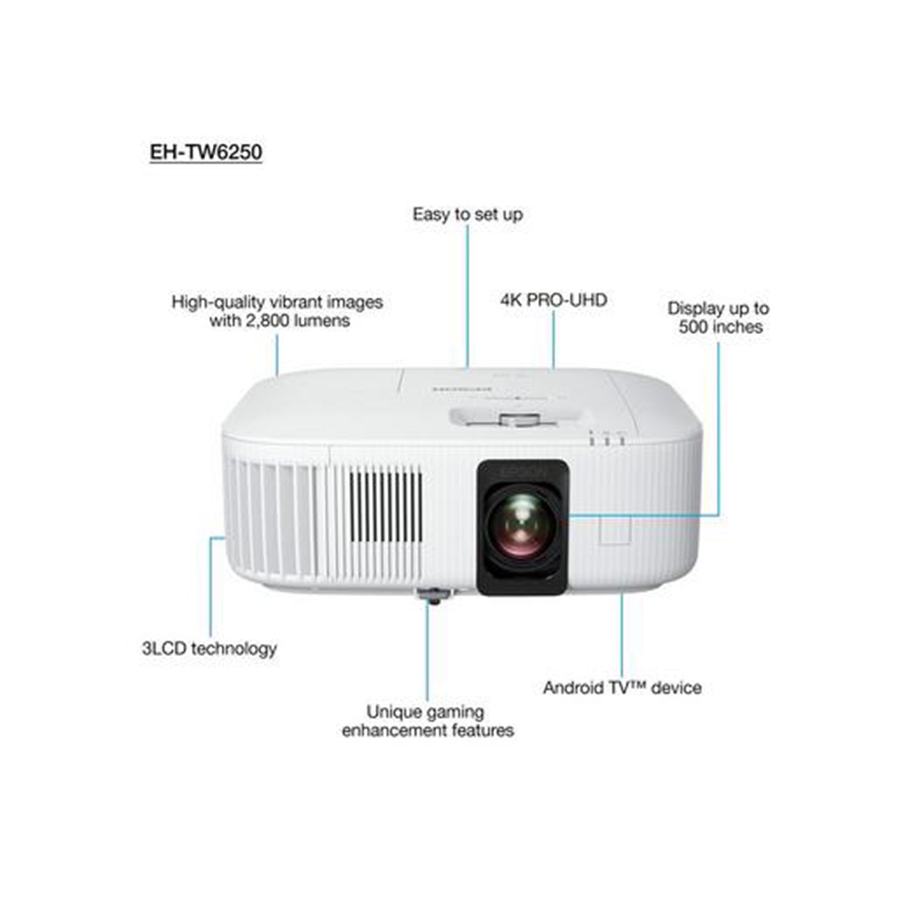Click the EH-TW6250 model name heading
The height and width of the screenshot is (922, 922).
(x=206, y=152)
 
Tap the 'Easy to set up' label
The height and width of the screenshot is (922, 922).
(x=468, y=215)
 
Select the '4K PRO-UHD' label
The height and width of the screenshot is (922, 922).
(x=553, y=300)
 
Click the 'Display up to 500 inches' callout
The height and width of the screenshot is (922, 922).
(x=719, y=317)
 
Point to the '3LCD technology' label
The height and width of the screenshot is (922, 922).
(x=209, y=648)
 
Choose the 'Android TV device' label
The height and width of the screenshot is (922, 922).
(x=622, y=687)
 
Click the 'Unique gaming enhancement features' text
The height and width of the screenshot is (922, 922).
(x=428, y=721)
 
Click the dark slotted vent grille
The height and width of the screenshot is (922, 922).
(x=386, y=504)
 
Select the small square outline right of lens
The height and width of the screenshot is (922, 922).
(x=615, y=529)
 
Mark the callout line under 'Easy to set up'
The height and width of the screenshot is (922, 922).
(x=468, y=297)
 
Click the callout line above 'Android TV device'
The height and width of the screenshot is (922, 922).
(x=621, y=635)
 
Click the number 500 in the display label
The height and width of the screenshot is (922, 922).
(x=694, y=327)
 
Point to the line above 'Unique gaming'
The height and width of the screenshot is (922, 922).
(x=427, y=653)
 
